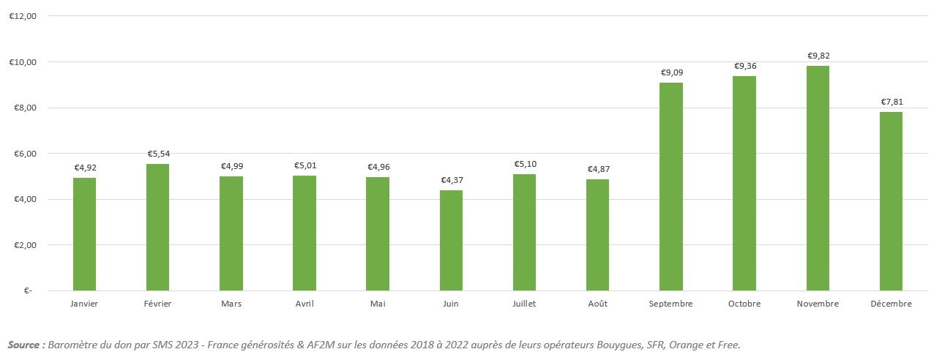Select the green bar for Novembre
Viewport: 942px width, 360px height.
[x=818, y=179]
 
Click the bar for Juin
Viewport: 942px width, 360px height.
[x=451, y=241]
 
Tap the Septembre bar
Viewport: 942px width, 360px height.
[x=670, y=187]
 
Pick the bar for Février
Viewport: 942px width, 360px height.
[x=157, y=228]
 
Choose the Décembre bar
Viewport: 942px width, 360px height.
[x=891, y=201]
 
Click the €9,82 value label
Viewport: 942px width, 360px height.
[x=818, y=56]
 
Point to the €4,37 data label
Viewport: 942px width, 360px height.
[x=451, y=180]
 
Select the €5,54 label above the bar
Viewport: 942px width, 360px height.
[x=157, y=154]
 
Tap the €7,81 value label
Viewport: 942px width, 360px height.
[x=891, y=102]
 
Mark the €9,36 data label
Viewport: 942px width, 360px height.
[x=744, y=66]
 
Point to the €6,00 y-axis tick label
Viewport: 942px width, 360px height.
[x=23, y=154]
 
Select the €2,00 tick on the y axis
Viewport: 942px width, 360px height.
[x=23, y=245]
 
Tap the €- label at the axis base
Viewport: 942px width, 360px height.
[x=27, y=291]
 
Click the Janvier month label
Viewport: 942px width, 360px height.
[x=84, y=304]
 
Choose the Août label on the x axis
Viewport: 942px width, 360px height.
[x=597, y=304]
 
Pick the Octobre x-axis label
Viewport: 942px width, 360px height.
[x=744, y=304]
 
